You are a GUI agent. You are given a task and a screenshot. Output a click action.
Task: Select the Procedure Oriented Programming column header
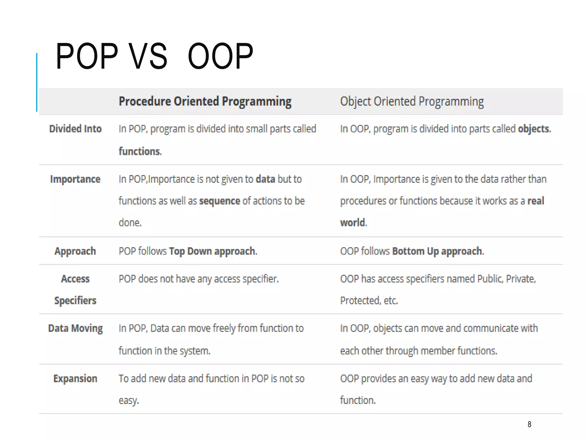205,101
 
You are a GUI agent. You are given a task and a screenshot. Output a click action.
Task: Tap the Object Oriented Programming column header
412,101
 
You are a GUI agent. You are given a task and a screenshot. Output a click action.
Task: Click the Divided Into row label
75,129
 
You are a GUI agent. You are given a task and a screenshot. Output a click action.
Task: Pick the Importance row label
75,179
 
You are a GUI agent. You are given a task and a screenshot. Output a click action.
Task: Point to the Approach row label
75,251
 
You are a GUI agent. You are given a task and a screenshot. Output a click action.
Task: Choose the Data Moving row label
75,328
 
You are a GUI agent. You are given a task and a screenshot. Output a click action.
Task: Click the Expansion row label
75,378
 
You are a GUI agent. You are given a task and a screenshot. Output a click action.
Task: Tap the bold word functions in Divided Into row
140,151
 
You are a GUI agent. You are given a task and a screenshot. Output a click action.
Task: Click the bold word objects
533,129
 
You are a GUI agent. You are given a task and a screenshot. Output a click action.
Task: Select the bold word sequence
220,201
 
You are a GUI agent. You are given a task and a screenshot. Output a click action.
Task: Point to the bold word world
353,223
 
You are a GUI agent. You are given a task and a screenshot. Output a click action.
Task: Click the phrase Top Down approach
212,251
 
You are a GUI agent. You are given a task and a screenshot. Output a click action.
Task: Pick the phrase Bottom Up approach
437,251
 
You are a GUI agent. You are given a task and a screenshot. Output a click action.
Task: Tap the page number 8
529,424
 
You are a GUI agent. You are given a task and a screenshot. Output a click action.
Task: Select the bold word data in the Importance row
265,179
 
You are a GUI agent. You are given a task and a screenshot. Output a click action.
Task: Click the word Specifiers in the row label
75,300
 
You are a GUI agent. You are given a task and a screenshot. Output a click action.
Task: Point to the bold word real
535,201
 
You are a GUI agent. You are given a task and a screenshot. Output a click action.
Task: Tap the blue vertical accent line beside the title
37,82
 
